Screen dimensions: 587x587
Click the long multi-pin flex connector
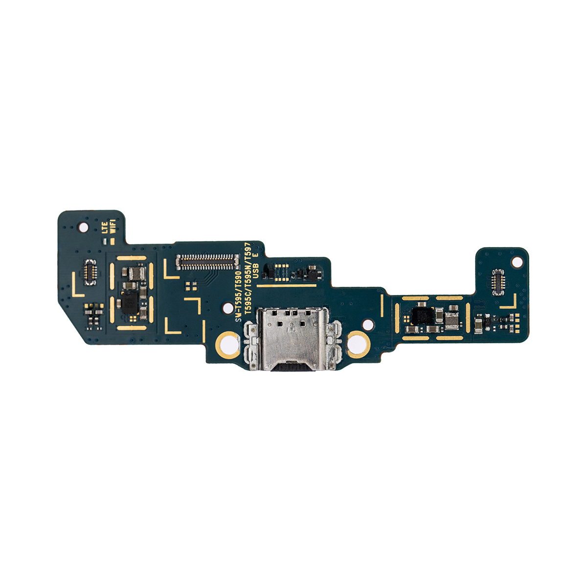click(207, 263)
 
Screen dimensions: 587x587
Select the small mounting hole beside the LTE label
click(83, 227)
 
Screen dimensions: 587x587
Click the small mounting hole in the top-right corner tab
click(516, 262)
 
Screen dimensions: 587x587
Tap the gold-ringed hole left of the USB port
click(227, 343)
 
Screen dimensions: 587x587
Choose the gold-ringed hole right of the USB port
click(359, 342)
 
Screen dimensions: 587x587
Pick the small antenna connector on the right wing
click(498, 282)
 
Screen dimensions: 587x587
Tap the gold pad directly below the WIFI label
click(112, 241)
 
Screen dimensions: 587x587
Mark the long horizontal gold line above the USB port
click(287, 285)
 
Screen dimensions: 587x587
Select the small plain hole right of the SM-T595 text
click(228, 308)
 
